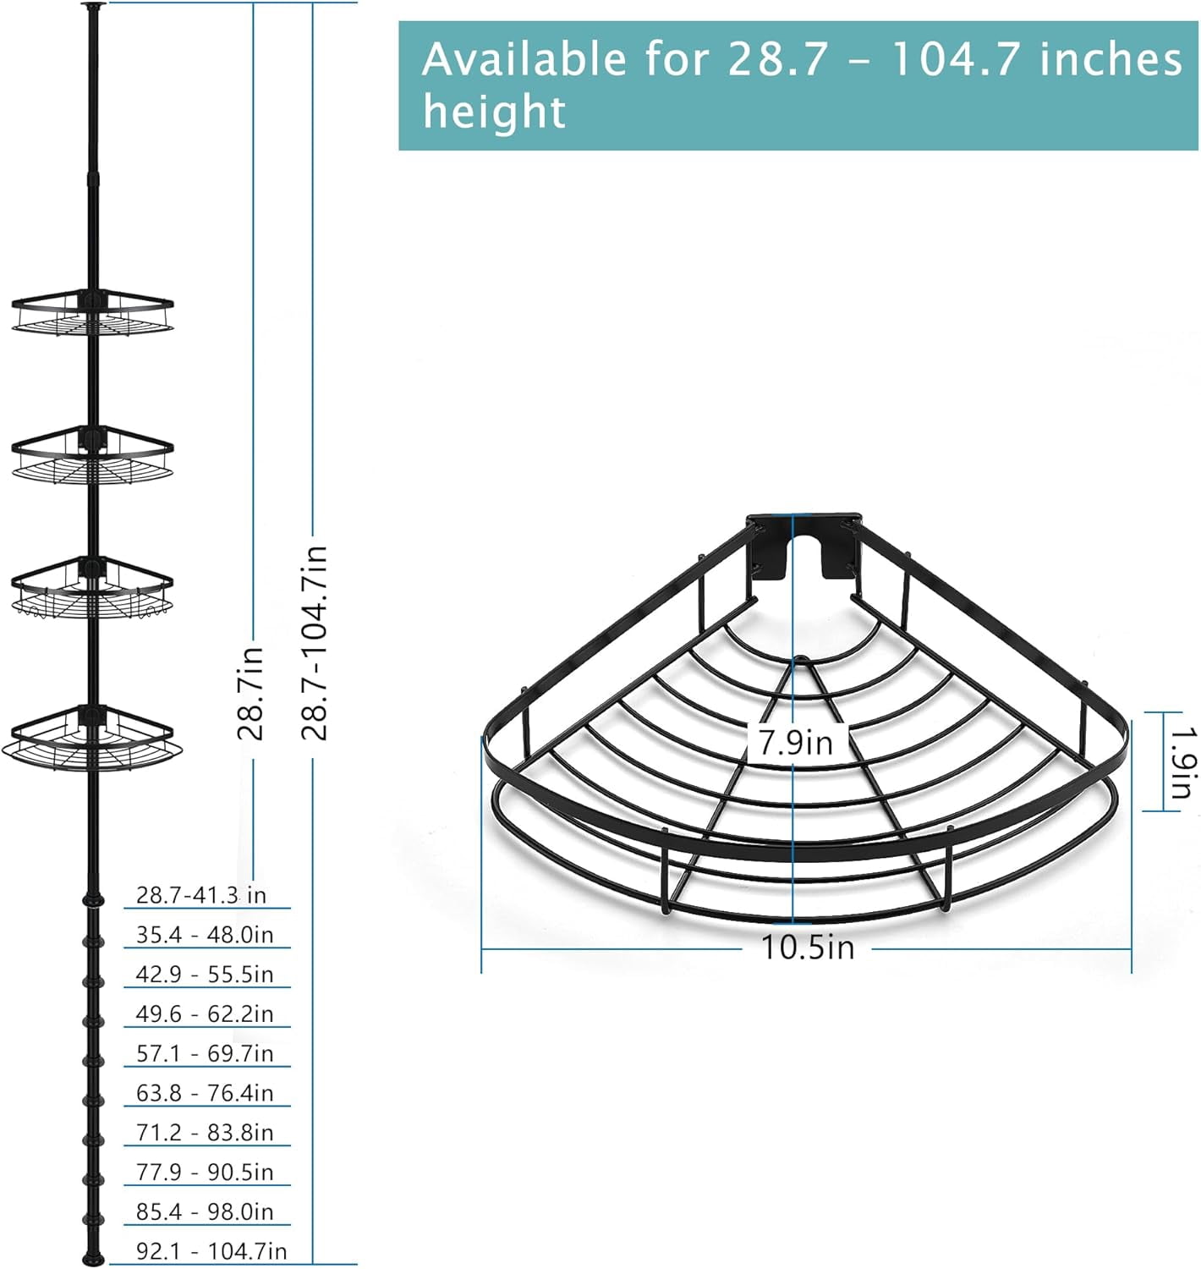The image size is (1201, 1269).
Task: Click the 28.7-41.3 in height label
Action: coord(200,895)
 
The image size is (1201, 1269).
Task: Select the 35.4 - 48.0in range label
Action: coord(205,935)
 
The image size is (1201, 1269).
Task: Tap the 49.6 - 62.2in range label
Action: coord(205,1014)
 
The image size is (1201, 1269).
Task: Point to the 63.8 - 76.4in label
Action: coord(205,1093)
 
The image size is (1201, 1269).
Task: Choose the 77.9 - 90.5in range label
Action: coord(205,1172)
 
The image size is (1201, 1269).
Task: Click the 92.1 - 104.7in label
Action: coord(211,1251)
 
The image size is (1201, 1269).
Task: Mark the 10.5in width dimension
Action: coord(808,948)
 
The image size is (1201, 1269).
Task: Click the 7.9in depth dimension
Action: coord(796,742)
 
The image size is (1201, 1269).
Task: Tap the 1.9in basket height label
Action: coord(1183,762)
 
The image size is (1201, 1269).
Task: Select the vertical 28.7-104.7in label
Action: coord(315,641)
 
